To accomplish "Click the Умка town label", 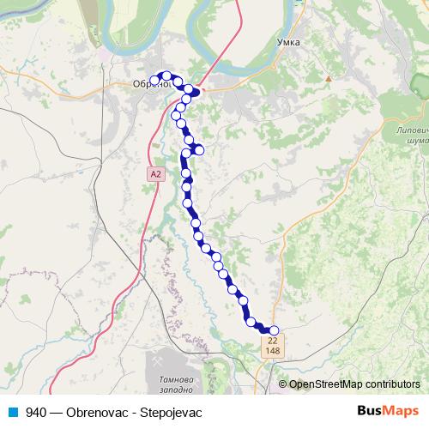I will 289,41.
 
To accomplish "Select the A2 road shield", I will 154,173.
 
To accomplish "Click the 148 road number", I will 273,351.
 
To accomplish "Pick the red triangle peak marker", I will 329,79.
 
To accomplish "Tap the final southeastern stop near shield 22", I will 275,330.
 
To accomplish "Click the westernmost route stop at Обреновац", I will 155,82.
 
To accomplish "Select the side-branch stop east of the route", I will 199,150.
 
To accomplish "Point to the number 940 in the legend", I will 36,412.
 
